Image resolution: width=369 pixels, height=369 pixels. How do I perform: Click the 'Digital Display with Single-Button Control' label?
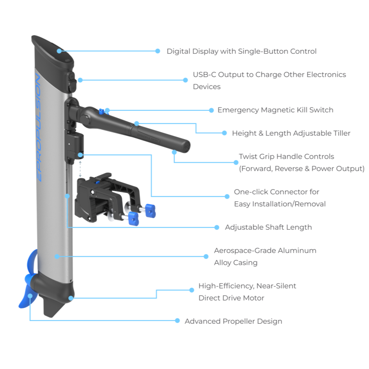click(241, 51)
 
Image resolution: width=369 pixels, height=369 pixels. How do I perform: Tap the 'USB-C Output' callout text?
click(269, 80)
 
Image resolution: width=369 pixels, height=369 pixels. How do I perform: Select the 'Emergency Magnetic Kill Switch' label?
click(275, 110)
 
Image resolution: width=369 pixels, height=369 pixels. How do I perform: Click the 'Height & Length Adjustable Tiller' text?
click(291, 133)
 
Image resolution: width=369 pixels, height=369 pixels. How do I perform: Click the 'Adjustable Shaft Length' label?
click(268, 227)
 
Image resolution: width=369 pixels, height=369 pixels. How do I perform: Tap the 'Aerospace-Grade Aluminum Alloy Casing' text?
click(265, 256)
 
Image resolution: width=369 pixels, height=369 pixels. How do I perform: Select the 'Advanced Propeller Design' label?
click(233, 321)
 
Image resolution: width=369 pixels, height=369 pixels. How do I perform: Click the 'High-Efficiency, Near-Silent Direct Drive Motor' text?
click(247, 292)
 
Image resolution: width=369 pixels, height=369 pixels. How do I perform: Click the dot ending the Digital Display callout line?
click(158, 51)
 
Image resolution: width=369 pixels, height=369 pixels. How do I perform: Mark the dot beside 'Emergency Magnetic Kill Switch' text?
click(211, 110)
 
